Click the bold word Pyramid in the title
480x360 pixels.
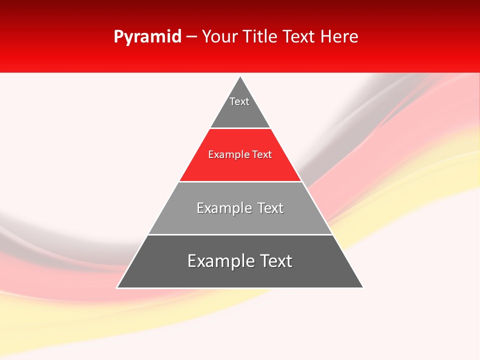pos(147,37)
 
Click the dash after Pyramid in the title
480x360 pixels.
pos(191,37)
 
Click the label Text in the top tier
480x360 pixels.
pos(239,101)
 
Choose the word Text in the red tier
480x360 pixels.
pos(262,155)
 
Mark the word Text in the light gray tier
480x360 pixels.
pos(270,208)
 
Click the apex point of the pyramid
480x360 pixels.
pos(240,77)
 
